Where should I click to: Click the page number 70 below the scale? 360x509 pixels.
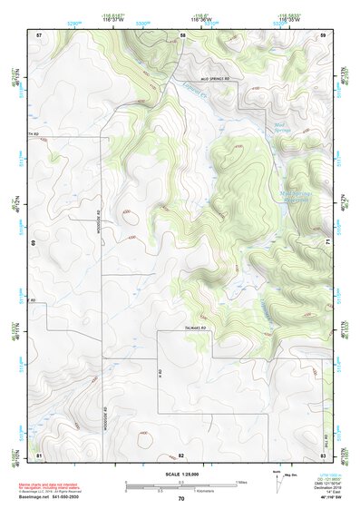tap(181, 499)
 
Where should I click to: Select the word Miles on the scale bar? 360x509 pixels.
tap(242, 482)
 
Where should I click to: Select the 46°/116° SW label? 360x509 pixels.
tap(328, 497)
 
